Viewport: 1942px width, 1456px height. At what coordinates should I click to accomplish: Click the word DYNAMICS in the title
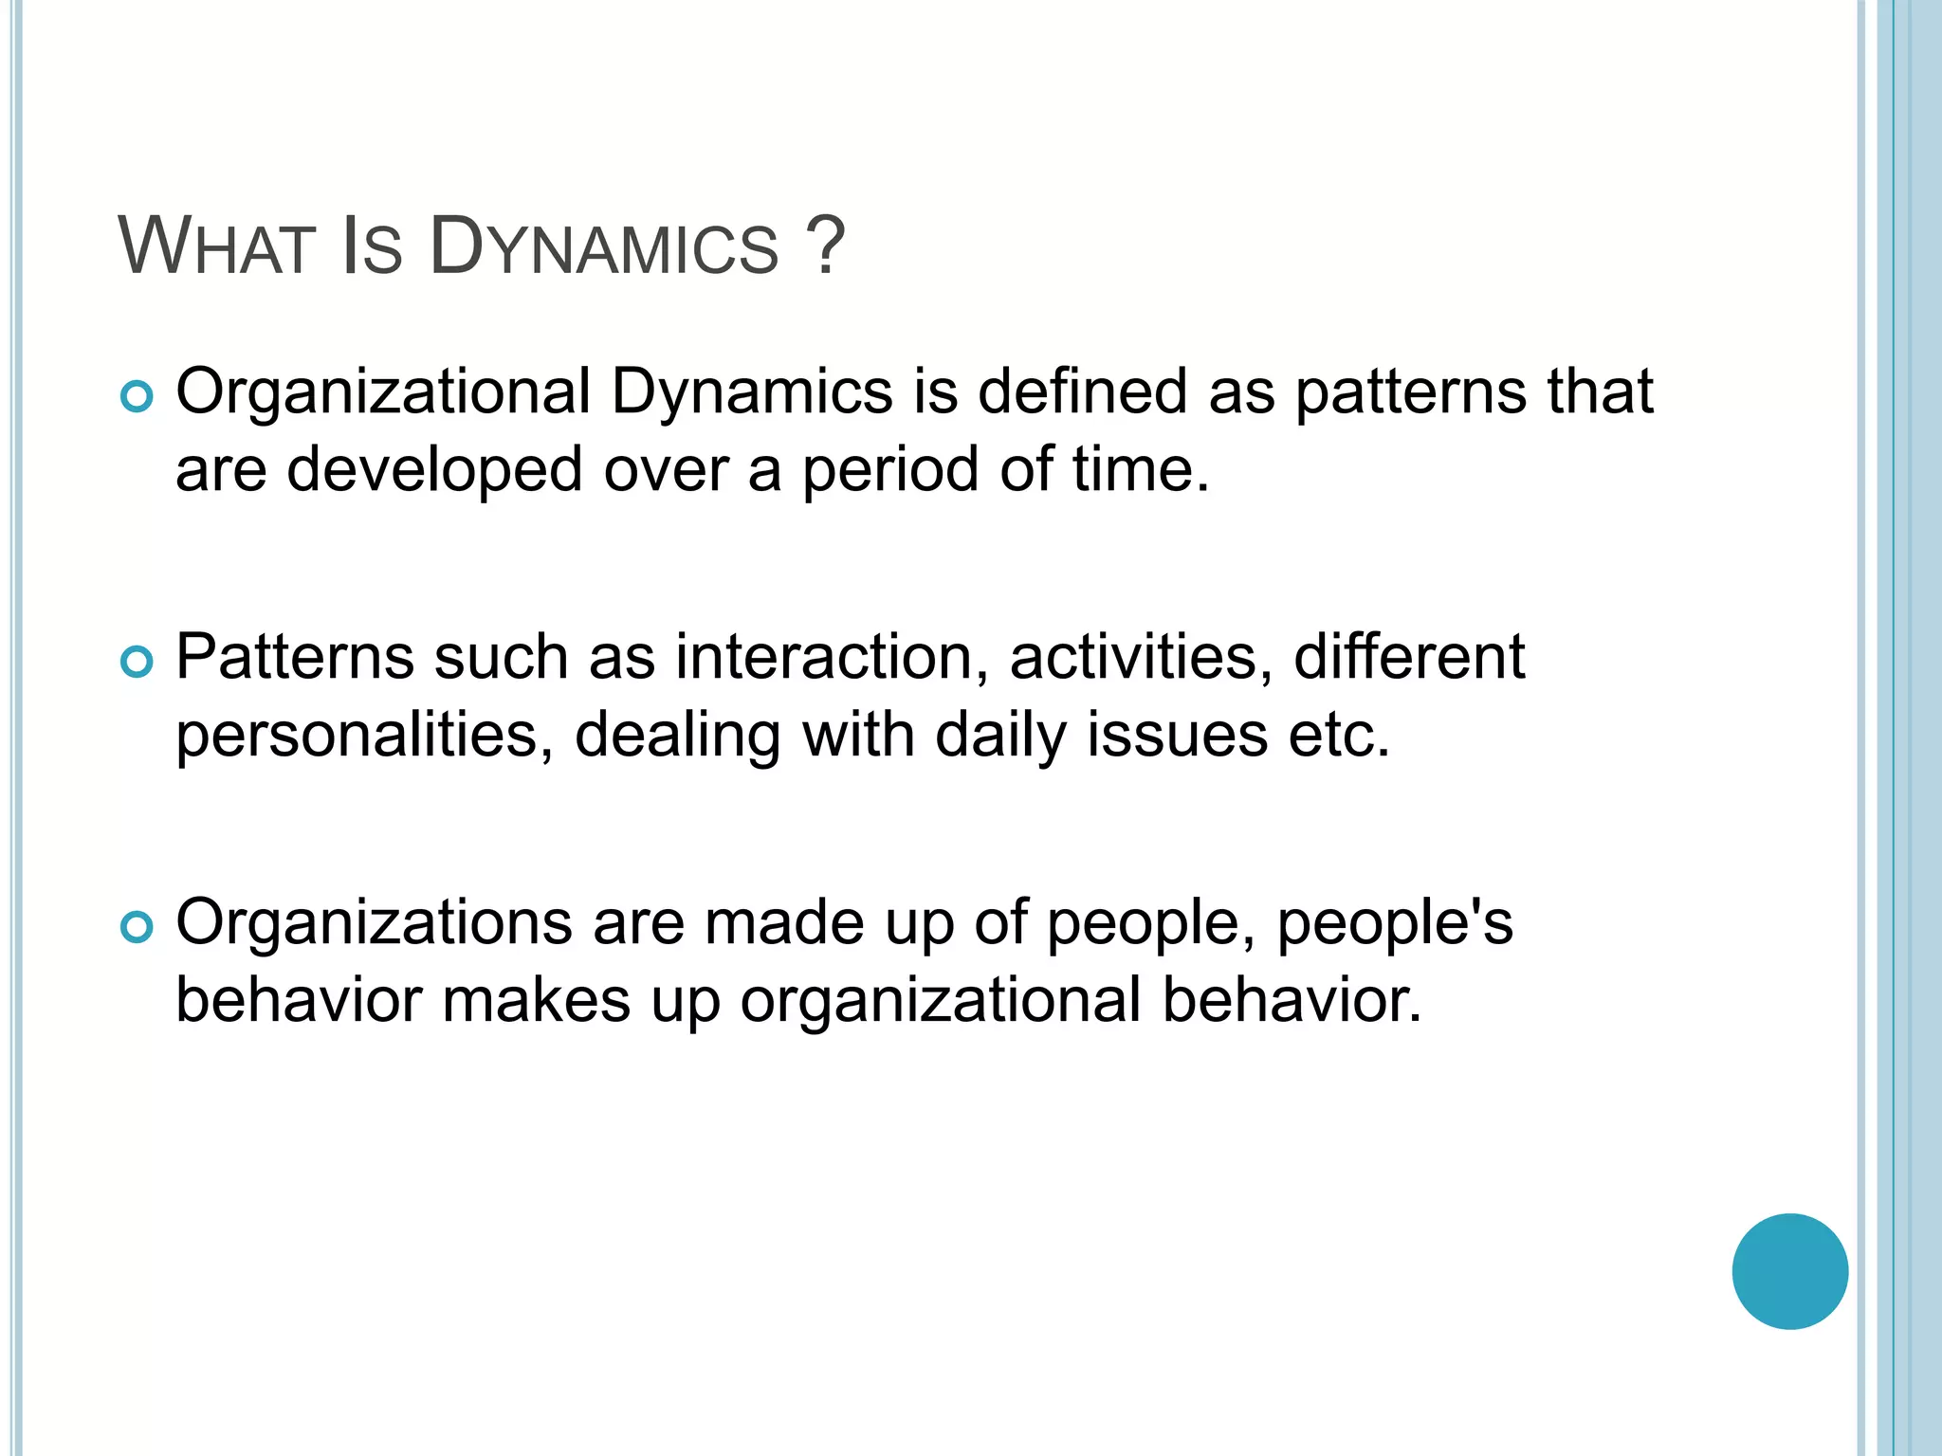pyautogui.click(x=603, y=247)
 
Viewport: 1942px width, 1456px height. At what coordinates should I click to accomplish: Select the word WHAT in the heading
pyautogui.click(x=216, y=247)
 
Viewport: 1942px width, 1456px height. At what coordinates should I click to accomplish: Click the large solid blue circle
pyautogui.click(x=1789, y=1271)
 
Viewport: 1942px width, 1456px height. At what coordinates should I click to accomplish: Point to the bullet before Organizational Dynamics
pyautogui.click(x=137, y=398)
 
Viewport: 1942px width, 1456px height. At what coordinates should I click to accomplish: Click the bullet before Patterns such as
pyautogui.click(x=137, y=663)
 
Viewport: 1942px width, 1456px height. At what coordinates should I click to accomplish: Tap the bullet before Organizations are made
pyautogui.click(x=137, y=928)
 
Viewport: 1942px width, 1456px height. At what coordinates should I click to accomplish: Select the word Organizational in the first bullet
pyautogui.click(x=383, y=391)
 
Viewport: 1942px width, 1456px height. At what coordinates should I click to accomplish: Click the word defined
pyautogui.click(x=1082, y=391)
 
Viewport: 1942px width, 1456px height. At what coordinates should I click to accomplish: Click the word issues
pyautogui.click(x=1177, y=736)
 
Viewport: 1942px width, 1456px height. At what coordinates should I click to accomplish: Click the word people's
pyautogui.click(x=1395, y=923)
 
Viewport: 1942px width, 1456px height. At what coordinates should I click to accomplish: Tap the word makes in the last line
pyautogui.click(x=537, y=1001)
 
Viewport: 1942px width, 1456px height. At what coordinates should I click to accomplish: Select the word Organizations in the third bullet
pyautogui.click(x=374, y=923)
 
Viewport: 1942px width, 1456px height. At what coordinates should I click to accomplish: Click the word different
pyautogui.click(x=1409, y=657)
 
